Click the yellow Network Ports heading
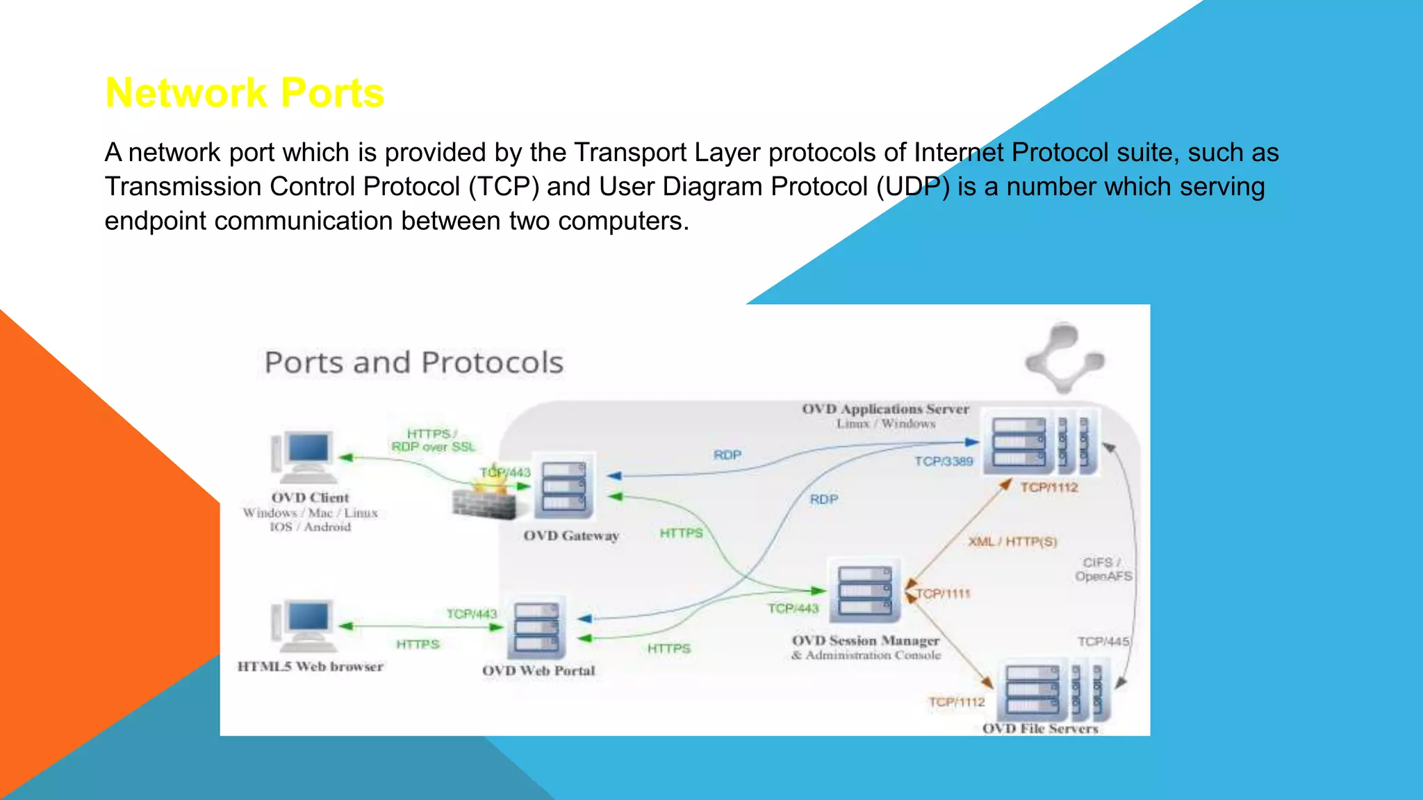tap(245, 93)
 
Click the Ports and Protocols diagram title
tap(413, 362)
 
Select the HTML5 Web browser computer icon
tap(306, 625)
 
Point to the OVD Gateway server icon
tap(564, 488)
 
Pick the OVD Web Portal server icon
tap(536, 629)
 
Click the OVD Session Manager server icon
tap(864, 591)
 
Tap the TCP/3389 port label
tap(944, 461)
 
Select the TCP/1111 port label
tap(943, 594)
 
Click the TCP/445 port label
tap(1103, 642)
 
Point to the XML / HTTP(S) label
tap(1012, 542)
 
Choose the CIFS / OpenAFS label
tap(1103, 569)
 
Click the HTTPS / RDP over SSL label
tap(433, 440)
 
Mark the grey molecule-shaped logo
tap(1064, 358)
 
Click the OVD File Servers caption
tap(1039, 728)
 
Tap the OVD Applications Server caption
tap(885, 409)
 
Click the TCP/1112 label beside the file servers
tap(957, 702)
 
